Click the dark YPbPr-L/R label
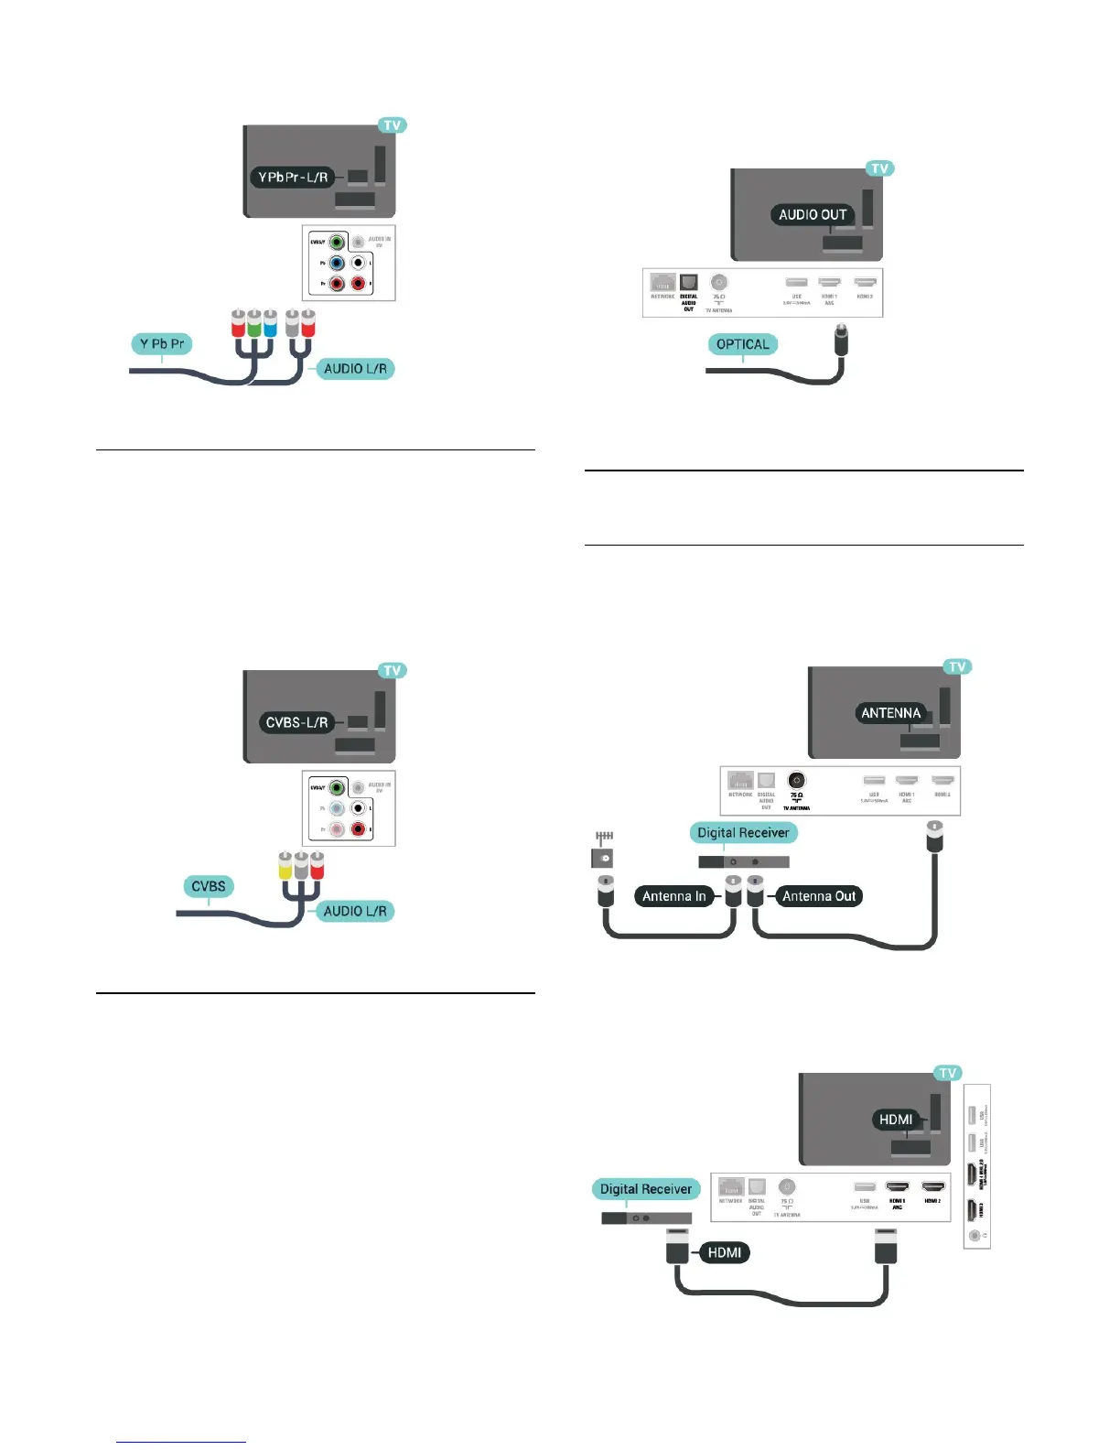tap(293, 177)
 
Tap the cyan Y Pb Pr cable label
tap(162, 344)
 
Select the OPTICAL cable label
tap(742, 344)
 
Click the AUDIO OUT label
tap(813, 214)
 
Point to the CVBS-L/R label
tap(296, 722)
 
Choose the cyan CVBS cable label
tap(209, 886)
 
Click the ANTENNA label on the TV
tap(890, 713)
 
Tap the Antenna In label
tap(674, 896)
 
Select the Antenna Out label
tap(819, 896)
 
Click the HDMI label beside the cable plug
tap(724, 1252)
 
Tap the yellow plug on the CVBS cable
tap(285, 865)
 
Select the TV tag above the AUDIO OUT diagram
tap(879, 168)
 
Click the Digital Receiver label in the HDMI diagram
tap(646, 1189)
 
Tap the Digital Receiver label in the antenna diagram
tap(743, 832)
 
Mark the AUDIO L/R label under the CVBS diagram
tap(355, 911)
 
